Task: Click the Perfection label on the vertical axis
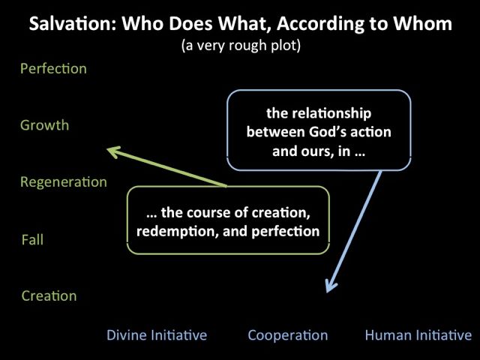click(53, 68)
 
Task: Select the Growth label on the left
click(45, 125)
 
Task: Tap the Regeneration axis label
click(64, 182)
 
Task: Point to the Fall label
click(32, 239)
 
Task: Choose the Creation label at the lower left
click(49, 295)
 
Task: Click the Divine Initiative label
click(157, 335)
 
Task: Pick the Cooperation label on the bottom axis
click(288, 335)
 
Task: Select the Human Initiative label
click(418, 335)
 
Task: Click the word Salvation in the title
click(72, 23)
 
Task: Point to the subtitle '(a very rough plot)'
click(241, 46)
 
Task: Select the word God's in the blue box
click(328, 132)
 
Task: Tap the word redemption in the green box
click(178, 232)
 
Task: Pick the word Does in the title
click(190, 23)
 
